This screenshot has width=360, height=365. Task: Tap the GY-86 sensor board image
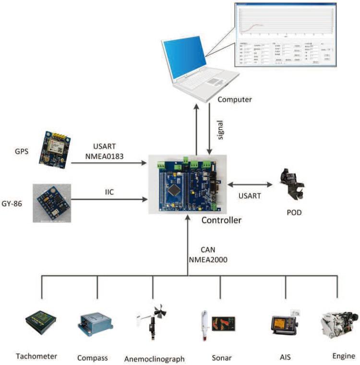click(52, 202)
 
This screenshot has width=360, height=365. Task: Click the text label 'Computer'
click(234, 99)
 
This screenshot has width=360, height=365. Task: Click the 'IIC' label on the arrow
click(110, 191)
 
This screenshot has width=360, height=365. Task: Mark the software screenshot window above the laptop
click(285, 35)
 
